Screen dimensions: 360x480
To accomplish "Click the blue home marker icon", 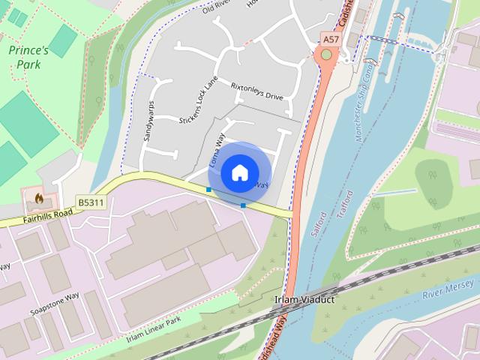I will (x=239, y=172).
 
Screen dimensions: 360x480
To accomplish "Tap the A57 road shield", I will (x=330, y=37).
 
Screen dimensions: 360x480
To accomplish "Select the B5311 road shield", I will (x=91, y=202).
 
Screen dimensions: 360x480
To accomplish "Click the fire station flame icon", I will (x=39, y=199).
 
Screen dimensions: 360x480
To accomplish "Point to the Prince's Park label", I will (x=28, y=58).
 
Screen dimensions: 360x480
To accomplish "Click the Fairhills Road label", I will (x=46, y=214).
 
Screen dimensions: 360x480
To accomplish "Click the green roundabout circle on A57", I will (x=326, y=55).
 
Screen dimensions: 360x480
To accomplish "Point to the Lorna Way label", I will (x=216, y=151).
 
